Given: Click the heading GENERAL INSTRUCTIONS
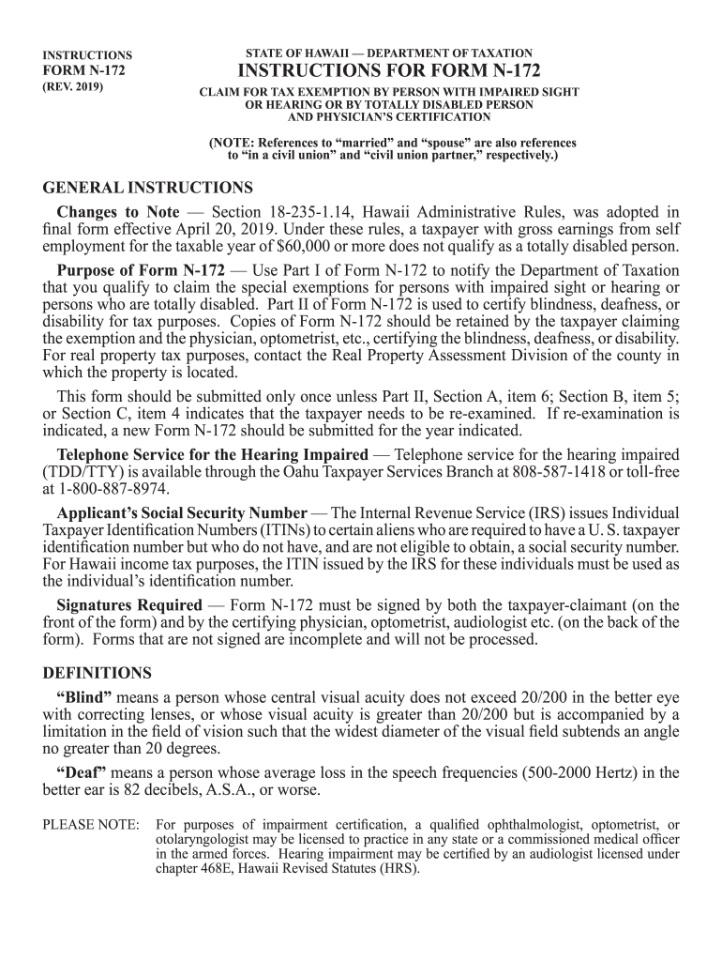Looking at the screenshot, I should pyautogui.click(x=148, y=188).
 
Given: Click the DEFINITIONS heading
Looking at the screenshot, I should pyautogui.click(x=98, y=674).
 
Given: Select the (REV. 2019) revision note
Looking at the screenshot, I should pyautogui.click(x=74, y=86).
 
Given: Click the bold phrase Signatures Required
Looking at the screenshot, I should pyautogui.click(x=129, y=605).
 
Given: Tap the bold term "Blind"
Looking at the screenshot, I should pyautogui.click(x=84, y=697).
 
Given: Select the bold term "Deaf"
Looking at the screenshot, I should pyautogui.click(x=81, y=772).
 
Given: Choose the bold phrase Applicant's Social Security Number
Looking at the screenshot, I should pyautogui.click(x=182, y=513).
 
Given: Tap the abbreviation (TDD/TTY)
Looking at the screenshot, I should pyautogui.click(x=83, y=471).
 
